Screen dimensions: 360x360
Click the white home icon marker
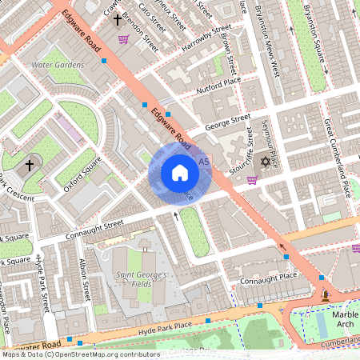179,173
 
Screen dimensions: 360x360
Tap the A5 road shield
203,162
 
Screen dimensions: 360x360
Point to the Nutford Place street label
218,84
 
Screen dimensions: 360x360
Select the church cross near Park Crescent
30,165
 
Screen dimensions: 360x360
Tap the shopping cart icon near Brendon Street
123,38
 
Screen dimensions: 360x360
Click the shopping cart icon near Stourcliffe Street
252,179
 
